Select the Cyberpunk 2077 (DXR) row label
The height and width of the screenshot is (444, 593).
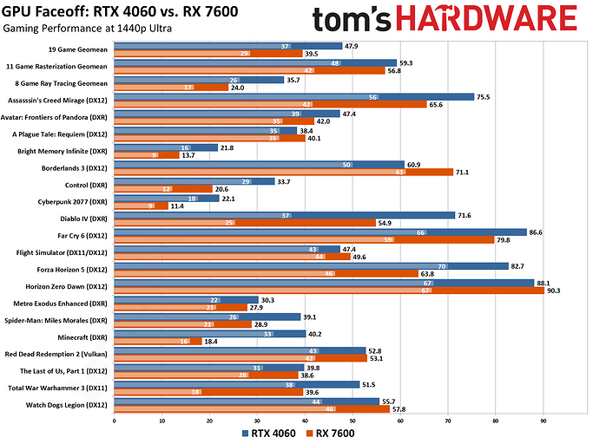pos(75,199)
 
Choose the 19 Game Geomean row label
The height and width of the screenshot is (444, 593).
pos(82,49)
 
